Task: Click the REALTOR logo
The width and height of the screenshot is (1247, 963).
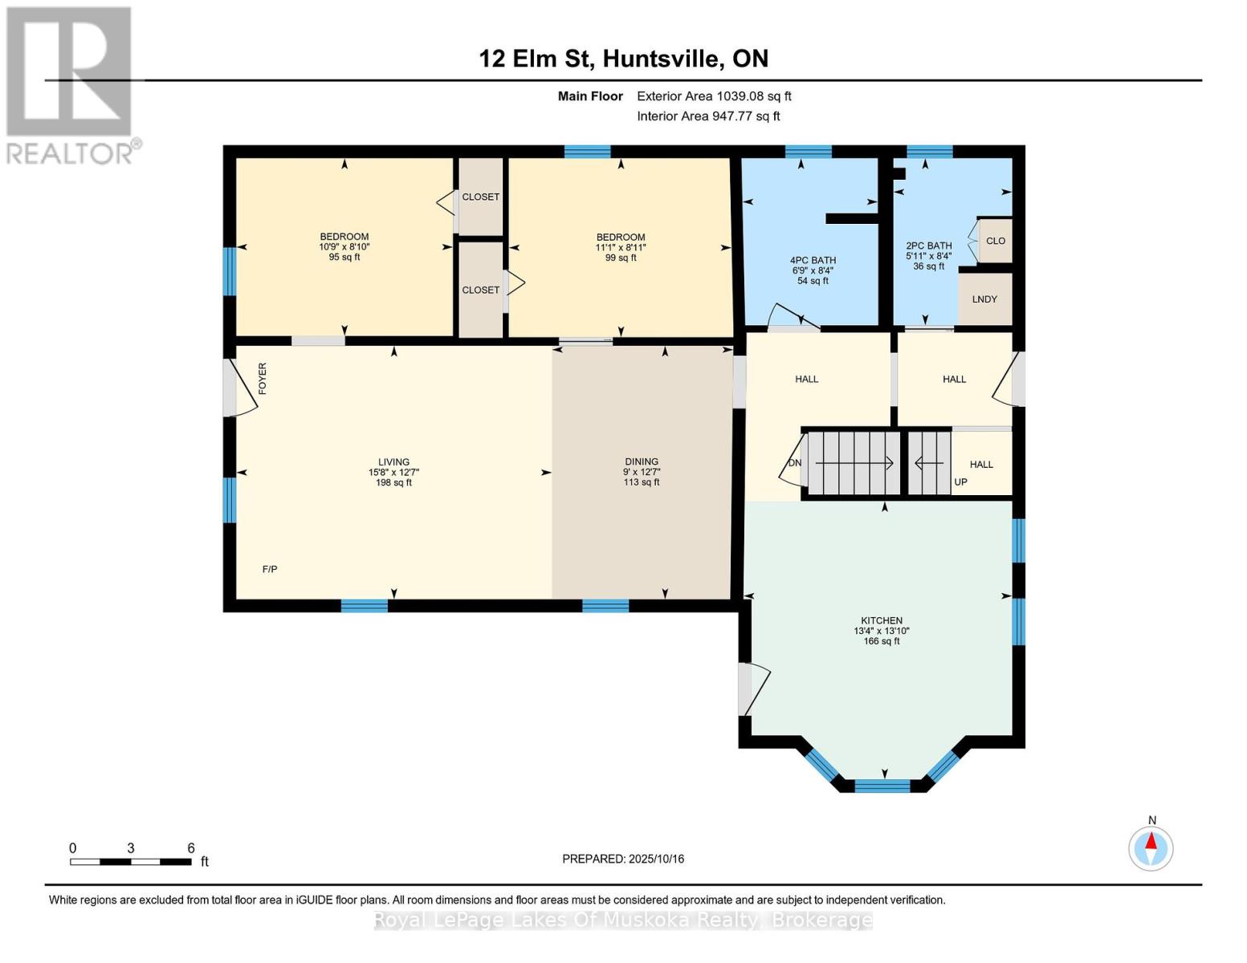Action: pyautogui.click(x=71, y=85)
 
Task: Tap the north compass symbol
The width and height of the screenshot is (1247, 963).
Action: pyautogui.click(x=1151, y=848)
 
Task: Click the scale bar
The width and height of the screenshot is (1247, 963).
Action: pyautogui.click(x=130, y=861)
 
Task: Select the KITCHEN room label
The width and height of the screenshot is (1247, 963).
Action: pyautogui.click(x=882, y=620)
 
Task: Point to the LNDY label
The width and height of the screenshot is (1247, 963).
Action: pyautogui.click(x=984, y=299)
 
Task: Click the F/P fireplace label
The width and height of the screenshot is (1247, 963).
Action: pyautogui.click(x=270, y=569)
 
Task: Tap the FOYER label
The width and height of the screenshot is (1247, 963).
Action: pyautogui.click(x=262, y=378)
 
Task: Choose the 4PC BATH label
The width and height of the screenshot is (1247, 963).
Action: pyautogui.click(x=813, y=260)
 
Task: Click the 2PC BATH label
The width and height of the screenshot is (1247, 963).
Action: pyautogui.click(x=928, y=246)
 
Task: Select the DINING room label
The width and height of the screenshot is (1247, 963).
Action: pyautogui.click(x=642, y=461)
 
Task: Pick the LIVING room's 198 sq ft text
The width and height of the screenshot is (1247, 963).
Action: pyautogui.click(x=393, y=482)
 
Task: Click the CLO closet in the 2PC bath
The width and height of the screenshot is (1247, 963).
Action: pyautogui.click(x=996, y=241)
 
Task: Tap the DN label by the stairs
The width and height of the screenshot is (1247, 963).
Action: pyautogui.click(x=794, y=463)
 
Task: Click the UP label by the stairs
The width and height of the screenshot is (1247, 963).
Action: pyautogui.click(x=960, y=482)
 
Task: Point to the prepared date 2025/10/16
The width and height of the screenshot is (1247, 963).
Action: pyautogui.click(x=623, y=859)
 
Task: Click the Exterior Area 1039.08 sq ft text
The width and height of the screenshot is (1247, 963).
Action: pyautogui.click(x=714, y=96)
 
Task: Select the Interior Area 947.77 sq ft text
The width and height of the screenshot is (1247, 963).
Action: pyautogui.click(x=708, y=116)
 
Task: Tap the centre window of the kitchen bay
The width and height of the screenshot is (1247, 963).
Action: pyautogui.click(x=882, y=786)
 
